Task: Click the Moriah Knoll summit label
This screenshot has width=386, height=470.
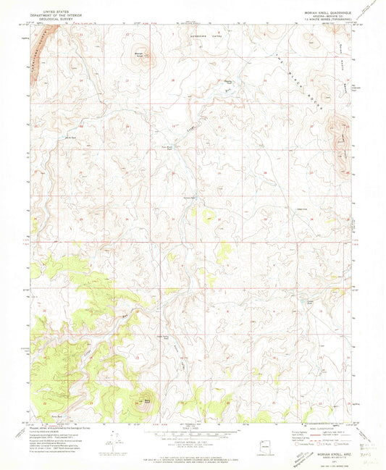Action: [138, 51]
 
